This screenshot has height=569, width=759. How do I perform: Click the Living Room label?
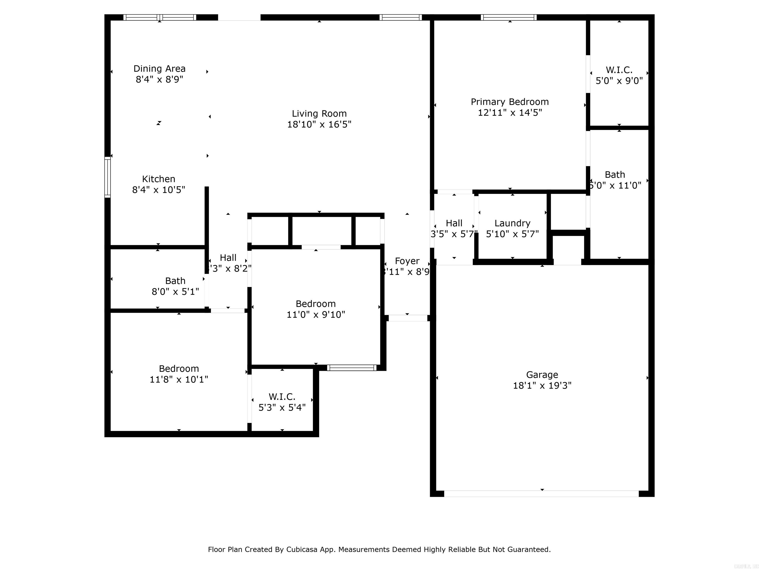tap(319, 114)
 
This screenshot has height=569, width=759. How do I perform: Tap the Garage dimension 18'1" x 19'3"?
tap(542, 386)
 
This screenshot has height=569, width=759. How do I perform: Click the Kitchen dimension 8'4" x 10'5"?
tap(159, 190)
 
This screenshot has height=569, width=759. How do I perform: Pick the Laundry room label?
tap(512, 223)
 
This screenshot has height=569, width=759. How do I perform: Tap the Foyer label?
tap(407, 261)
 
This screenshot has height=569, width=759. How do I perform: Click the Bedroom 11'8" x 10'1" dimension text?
tap(179, 379)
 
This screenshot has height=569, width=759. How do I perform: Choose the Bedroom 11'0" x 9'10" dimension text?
tap(316, 315)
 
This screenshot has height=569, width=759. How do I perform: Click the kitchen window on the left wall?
tap(107, 177)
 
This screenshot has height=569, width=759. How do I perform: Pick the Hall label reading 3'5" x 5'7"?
tap(454, 223)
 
